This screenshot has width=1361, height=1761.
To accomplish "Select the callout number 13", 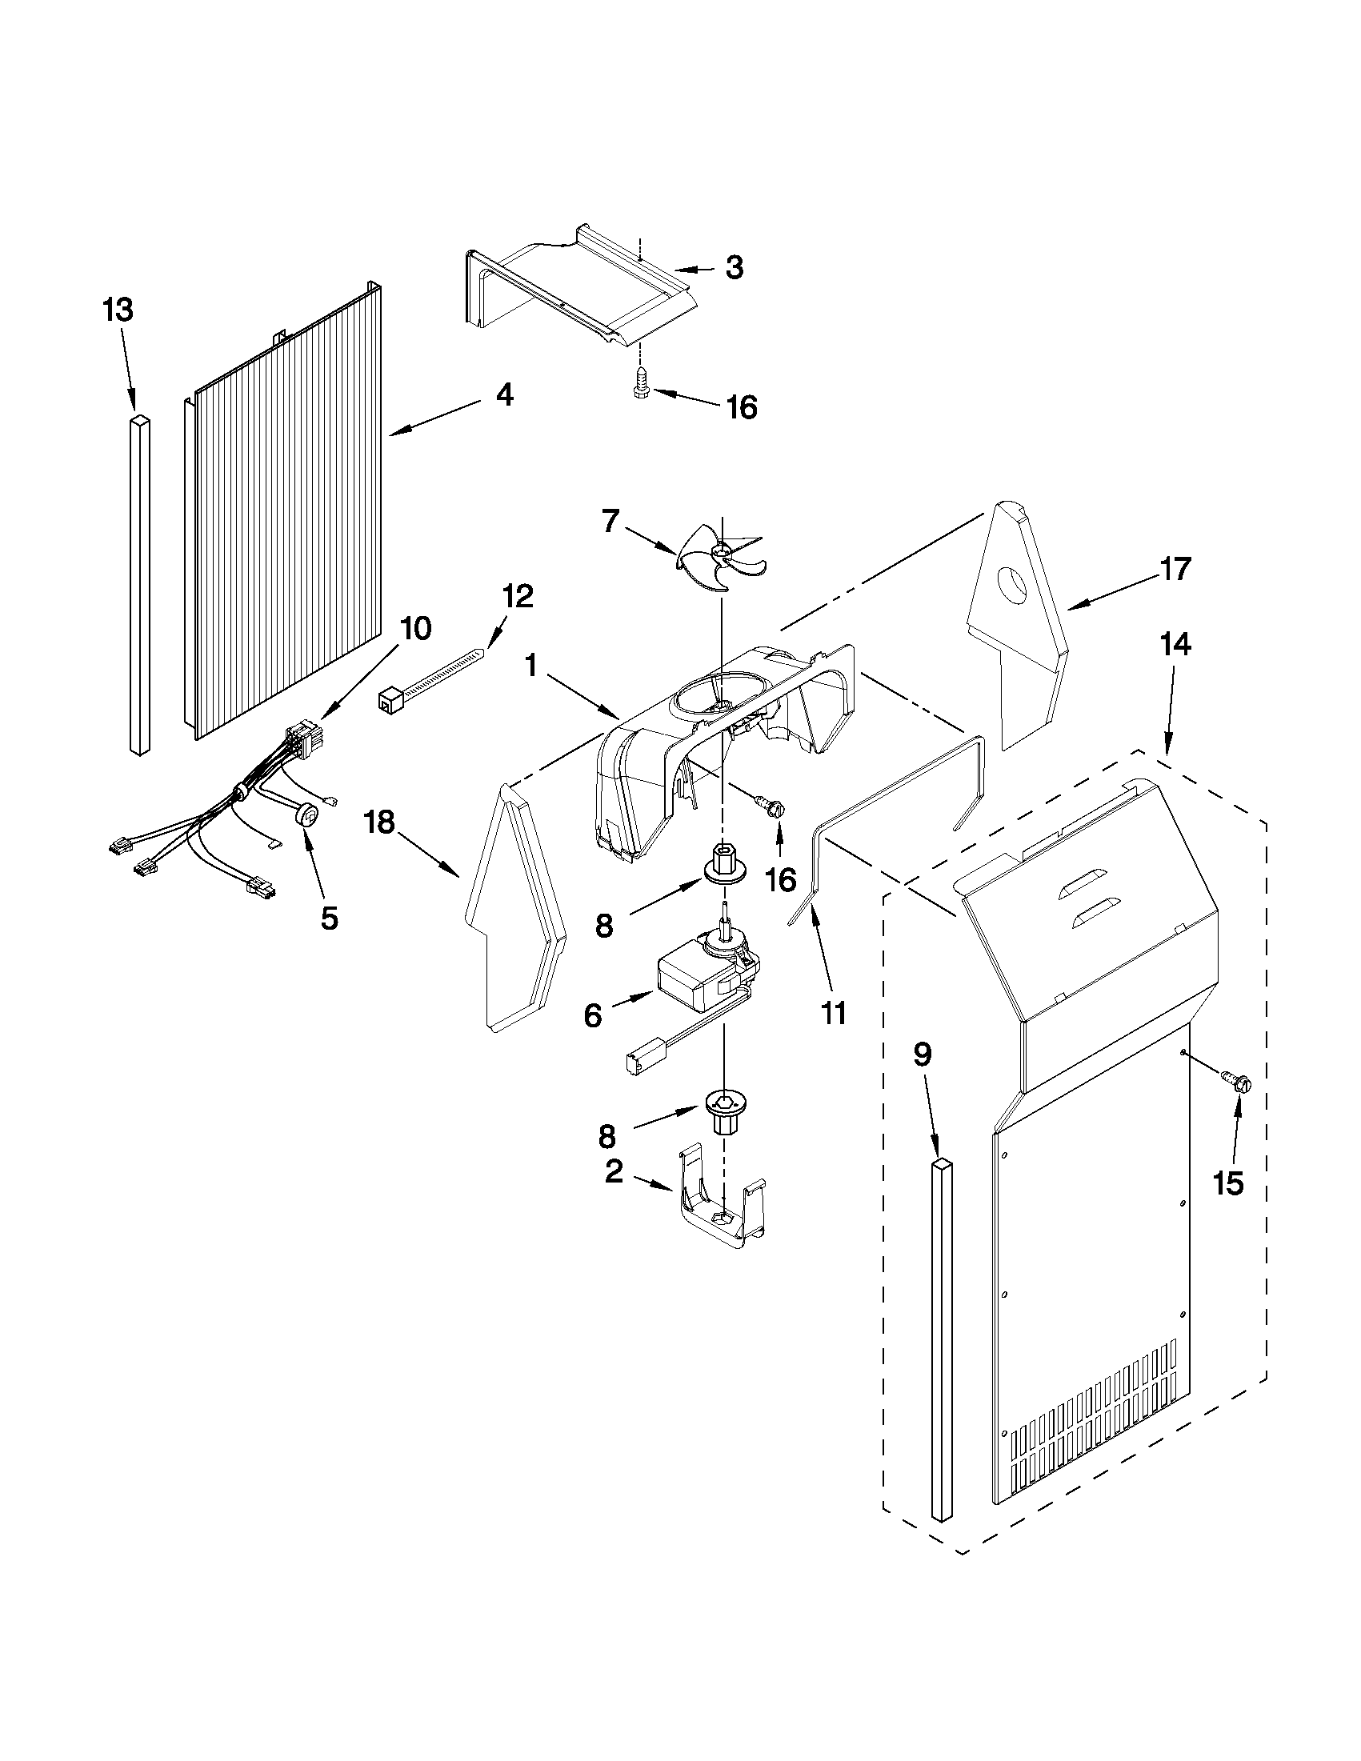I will tap(118, 310).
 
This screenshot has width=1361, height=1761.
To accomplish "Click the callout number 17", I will tap(1175, 569).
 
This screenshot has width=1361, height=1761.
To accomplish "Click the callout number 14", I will tap(1176, 645).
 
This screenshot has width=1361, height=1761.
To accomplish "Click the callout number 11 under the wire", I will tap(832, 1013).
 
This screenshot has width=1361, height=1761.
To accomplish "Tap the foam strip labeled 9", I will tap(942, 1339).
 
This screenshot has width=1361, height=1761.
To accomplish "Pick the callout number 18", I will tap(379, 822).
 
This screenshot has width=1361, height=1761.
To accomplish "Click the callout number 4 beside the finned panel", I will tap(504, 395).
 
